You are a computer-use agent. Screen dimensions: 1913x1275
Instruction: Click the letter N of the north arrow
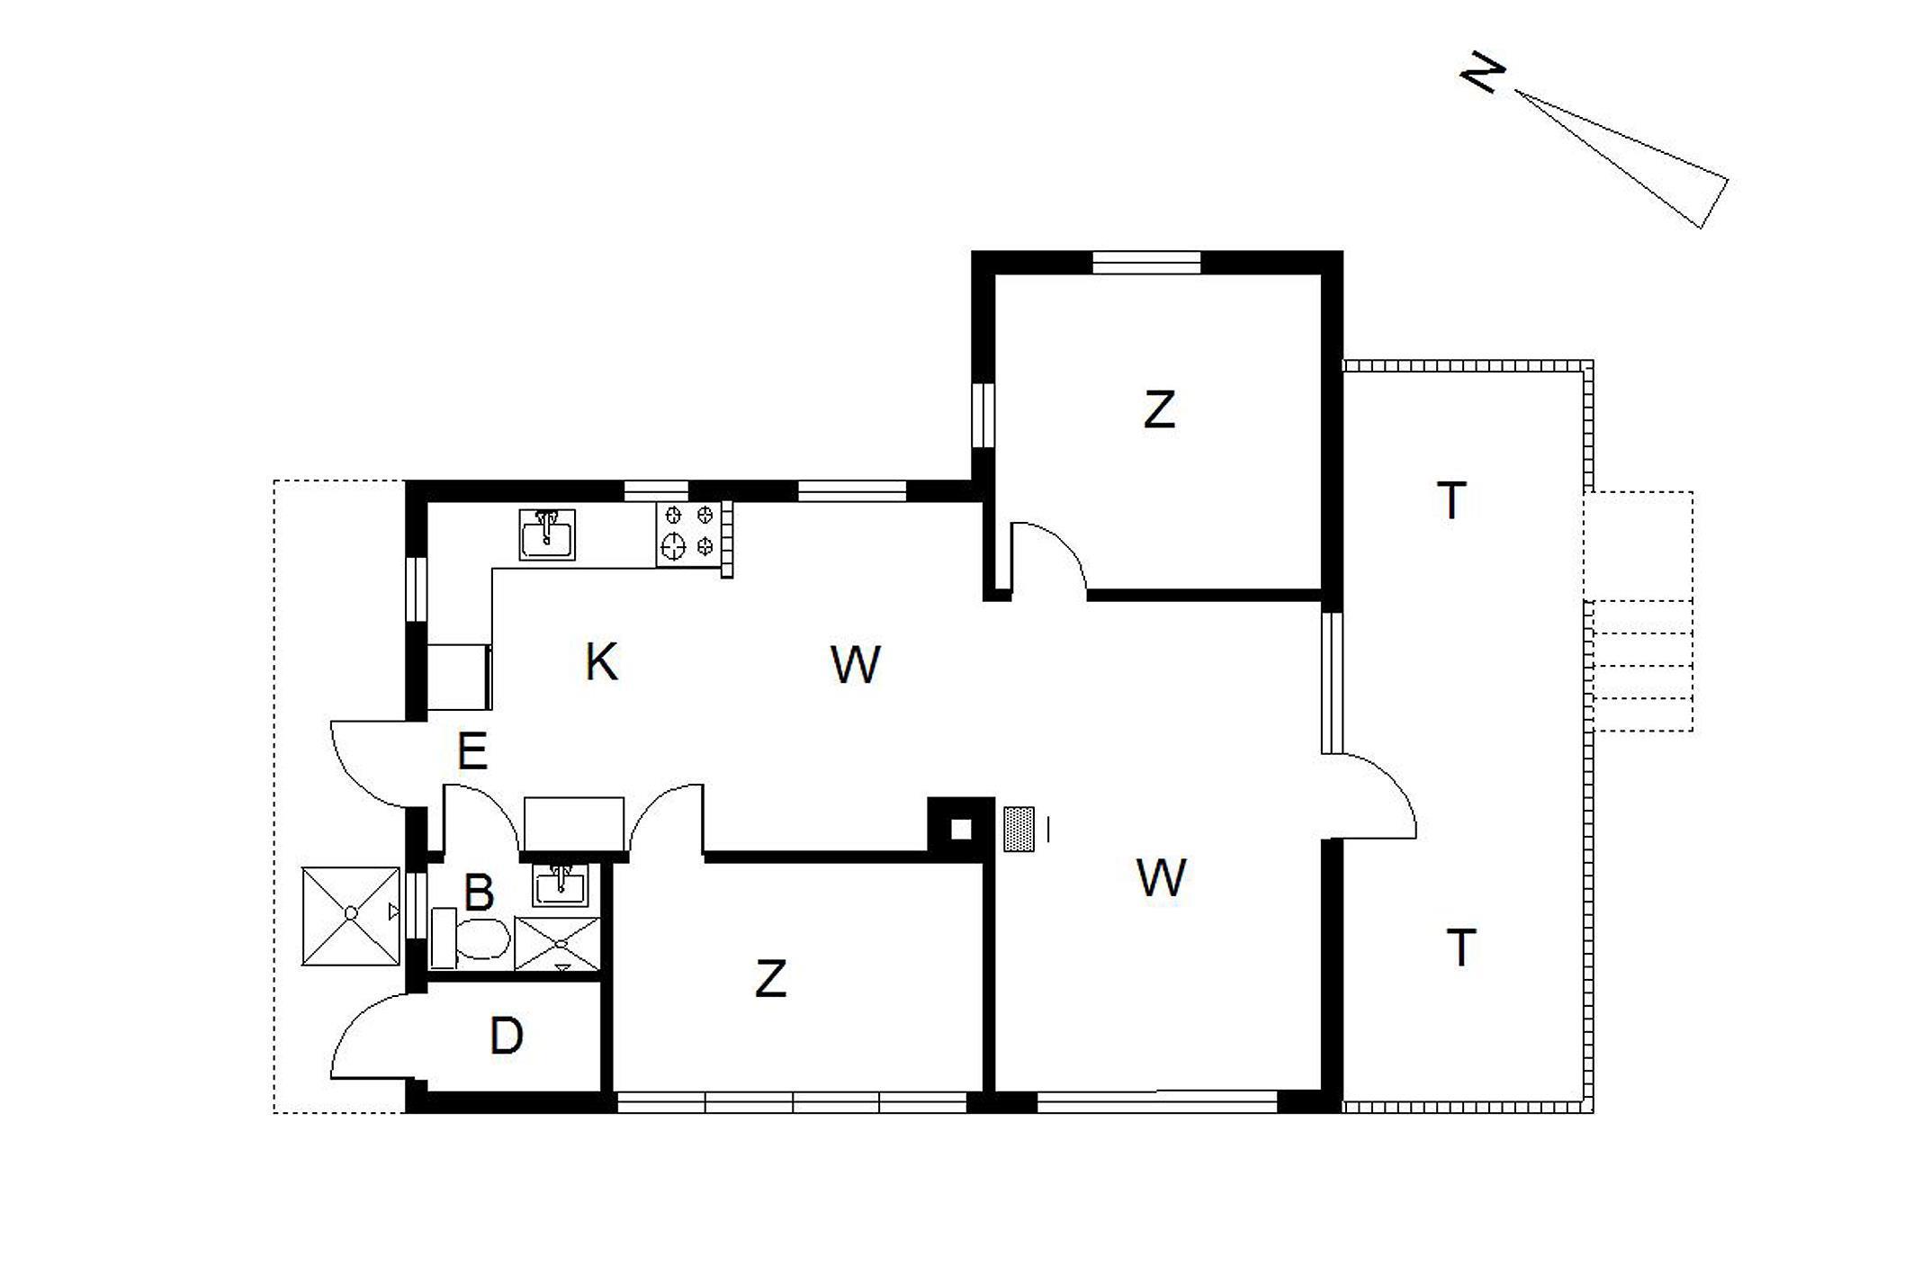tap(1482, 73)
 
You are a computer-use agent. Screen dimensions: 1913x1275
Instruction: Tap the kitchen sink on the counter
tap(547, 534)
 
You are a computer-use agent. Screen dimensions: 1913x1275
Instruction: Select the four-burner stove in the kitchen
tap(688, 534)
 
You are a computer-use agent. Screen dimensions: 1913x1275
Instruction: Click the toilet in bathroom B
tap(472, 938)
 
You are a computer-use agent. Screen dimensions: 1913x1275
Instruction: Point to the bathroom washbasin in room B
tap(561, 884)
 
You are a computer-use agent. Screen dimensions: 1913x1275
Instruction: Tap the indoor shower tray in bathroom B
tap(557, 944)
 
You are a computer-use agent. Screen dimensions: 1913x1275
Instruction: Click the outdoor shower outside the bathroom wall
tap(351, 915)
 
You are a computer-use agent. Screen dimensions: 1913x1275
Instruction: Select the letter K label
tap(601, 662)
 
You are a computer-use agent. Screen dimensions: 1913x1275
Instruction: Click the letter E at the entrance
tap(472, 751)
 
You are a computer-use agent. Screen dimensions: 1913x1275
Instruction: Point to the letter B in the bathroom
tap(479, 893)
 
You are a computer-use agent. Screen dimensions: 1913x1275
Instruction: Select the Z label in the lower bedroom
tap(771, 979)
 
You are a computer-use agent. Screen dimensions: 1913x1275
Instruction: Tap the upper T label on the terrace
tap(1451, 500)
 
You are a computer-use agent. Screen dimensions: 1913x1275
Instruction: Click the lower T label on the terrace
tap(1461, 947)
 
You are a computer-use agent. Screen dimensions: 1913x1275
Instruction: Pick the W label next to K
tap(855, 665)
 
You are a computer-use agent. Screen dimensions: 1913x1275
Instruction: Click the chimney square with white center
tap(961, 829)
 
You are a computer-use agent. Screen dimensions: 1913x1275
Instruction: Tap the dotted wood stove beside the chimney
tap(1019, 829)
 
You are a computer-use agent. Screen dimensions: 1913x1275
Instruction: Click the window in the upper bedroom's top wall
tap(1146, 262)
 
